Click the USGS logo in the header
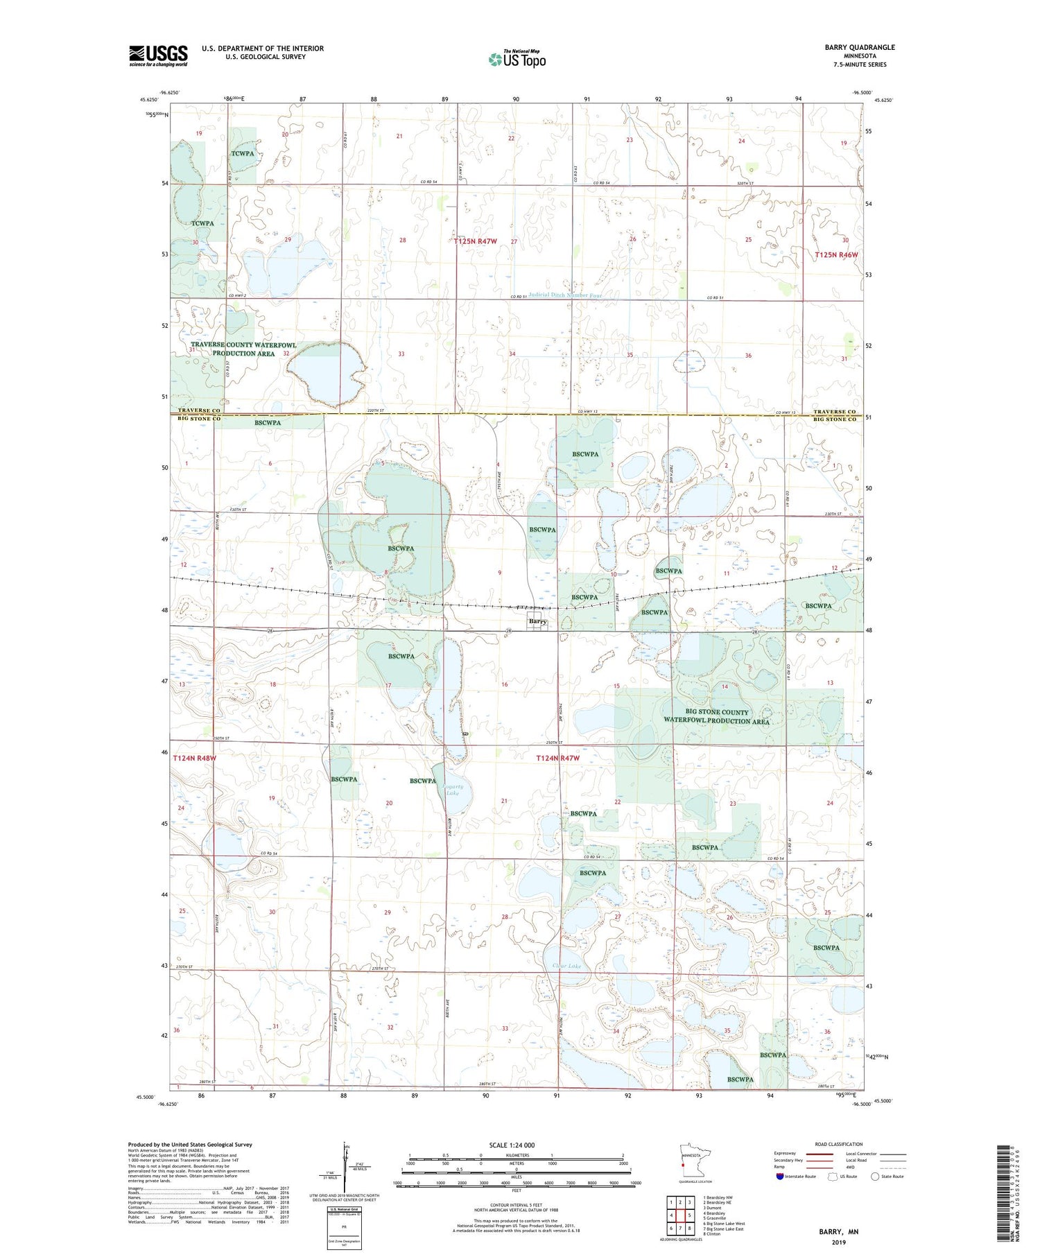click(158, 55)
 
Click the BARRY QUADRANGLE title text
click(859, 47)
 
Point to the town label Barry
click(537, 621)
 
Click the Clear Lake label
click(567, 965)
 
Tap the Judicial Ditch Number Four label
click(556, 295)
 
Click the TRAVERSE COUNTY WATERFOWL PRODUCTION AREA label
click(243, 349)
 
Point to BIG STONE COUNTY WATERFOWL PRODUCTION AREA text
click(716, 716)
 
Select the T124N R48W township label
click(194, 758)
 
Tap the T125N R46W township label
click(836, 254)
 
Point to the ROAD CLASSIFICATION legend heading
click(839, 1144)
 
